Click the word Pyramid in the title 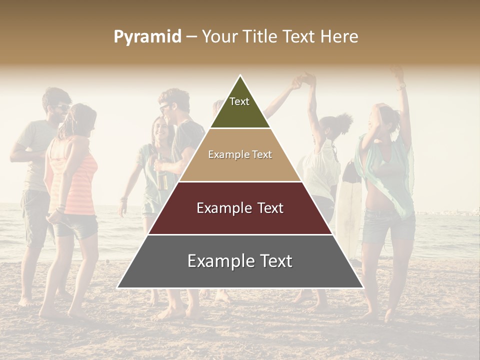147,37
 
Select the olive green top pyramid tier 240,112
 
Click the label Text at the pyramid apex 239,101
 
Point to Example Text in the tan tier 240,154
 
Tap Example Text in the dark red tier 240,208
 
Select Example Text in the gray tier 240,261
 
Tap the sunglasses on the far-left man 61,106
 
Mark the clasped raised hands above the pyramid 304,80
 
